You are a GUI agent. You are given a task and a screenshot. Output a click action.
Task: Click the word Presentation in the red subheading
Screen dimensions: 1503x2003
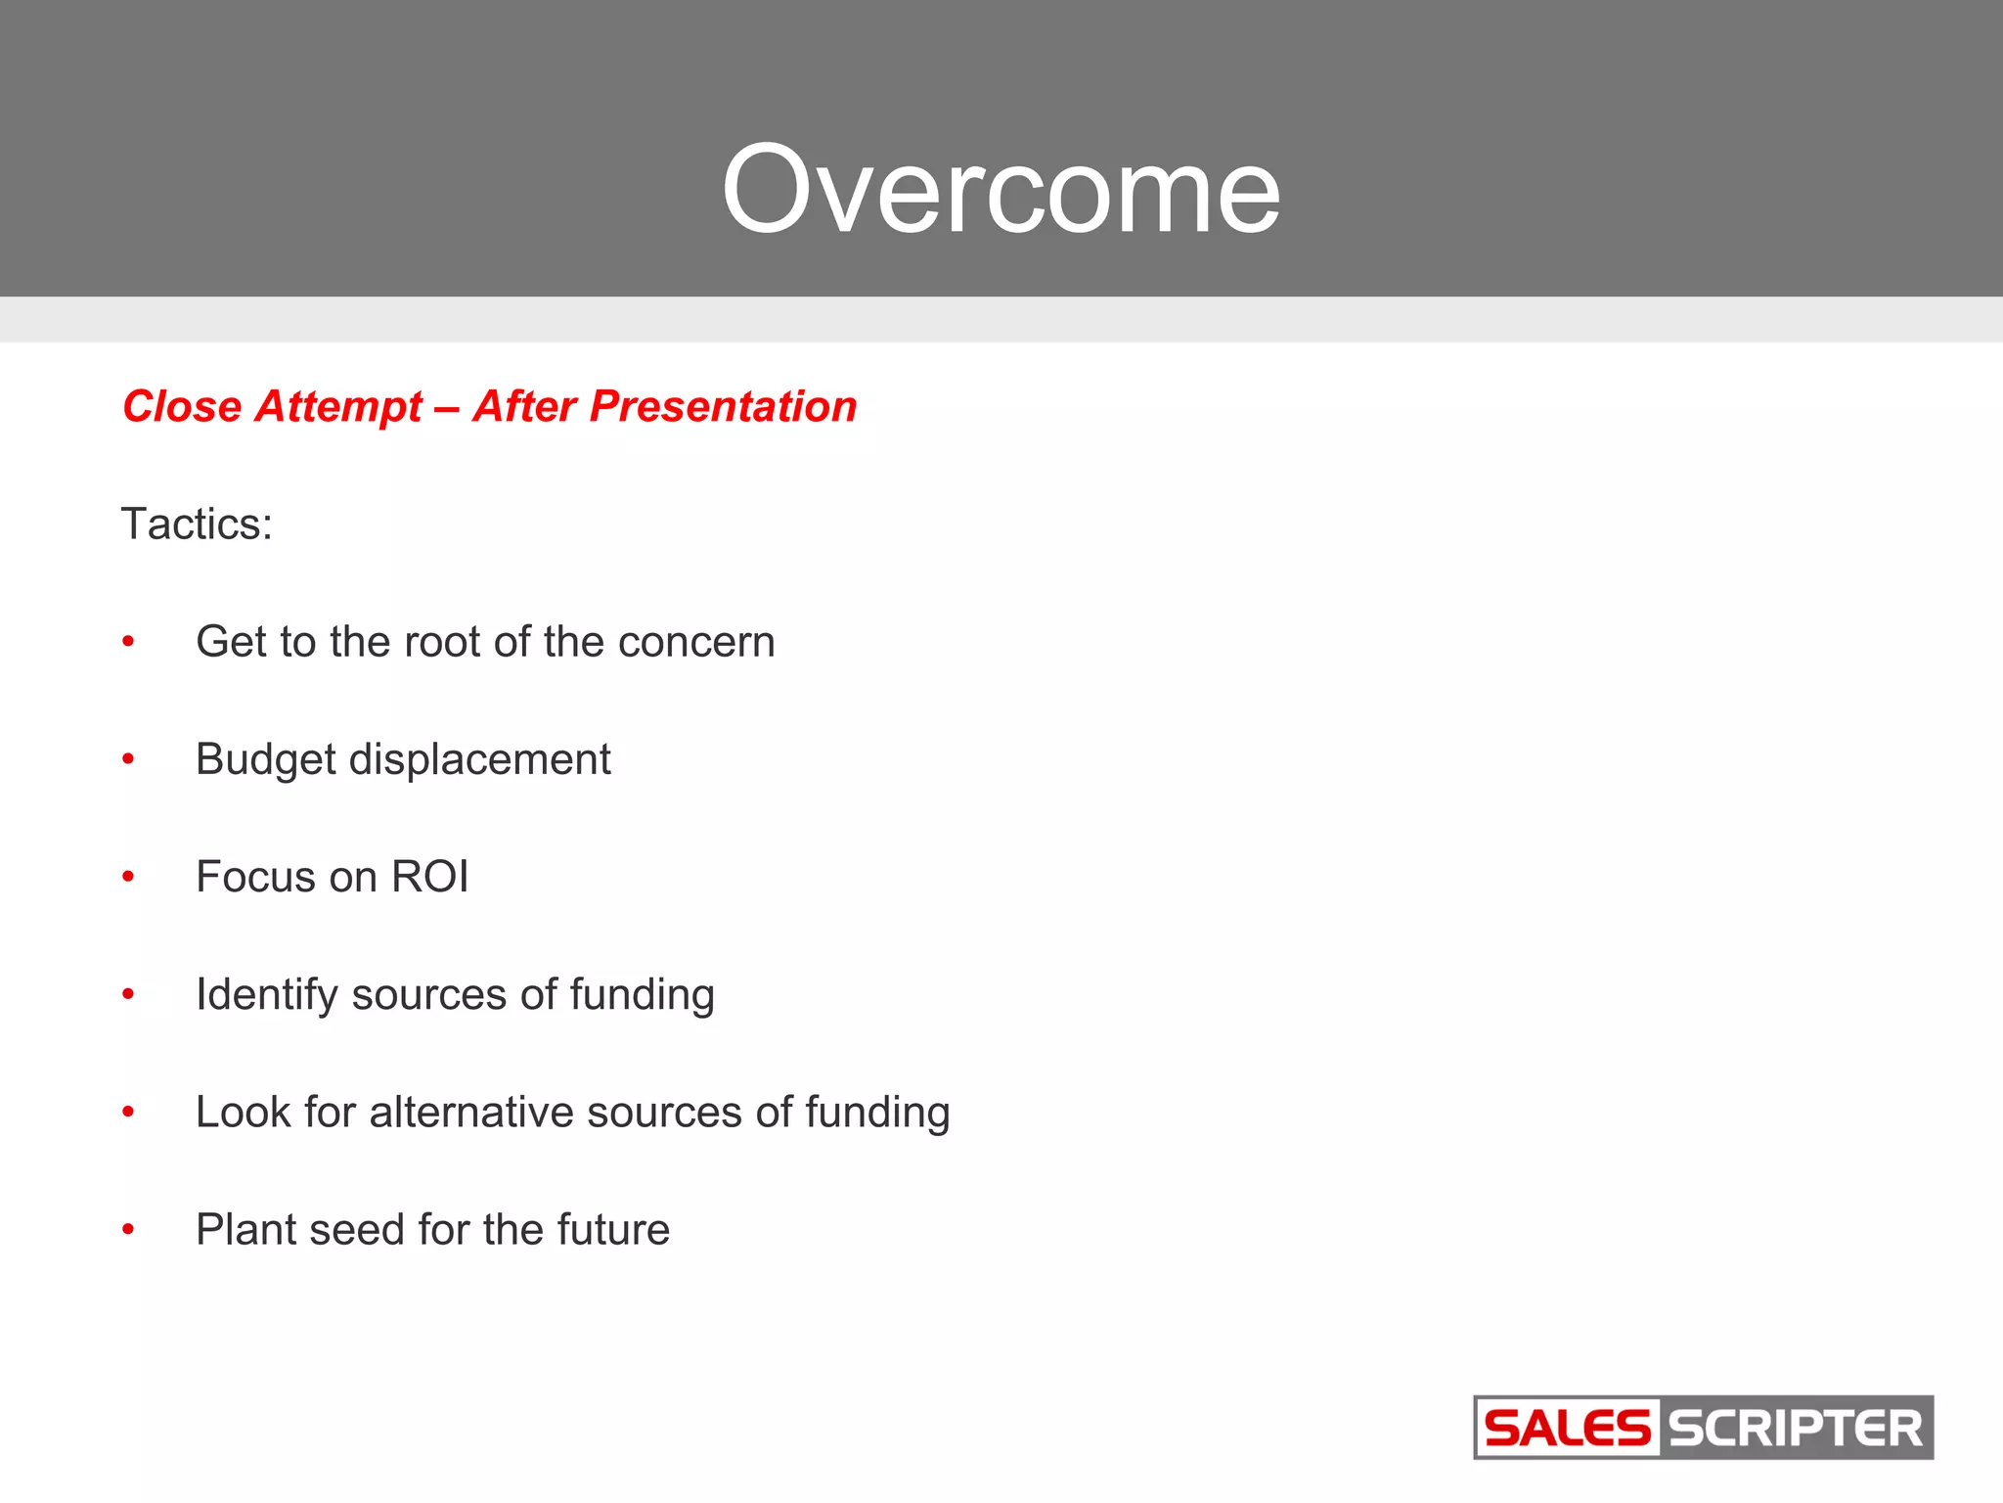point(723,407)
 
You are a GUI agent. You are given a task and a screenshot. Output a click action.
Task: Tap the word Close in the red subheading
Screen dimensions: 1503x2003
point(182,407)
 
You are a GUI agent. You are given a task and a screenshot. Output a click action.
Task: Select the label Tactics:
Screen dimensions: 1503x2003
point(197,524)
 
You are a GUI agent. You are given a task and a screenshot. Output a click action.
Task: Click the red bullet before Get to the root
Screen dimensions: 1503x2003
point(128,643)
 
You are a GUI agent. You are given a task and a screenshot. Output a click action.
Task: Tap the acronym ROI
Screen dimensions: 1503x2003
point(429,877)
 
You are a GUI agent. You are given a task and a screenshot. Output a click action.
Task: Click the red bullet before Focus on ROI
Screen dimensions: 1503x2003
point(128,878)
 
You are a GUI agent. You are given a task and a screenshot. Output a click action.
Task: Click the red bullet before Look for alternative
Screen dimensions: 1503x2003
point(128,1113)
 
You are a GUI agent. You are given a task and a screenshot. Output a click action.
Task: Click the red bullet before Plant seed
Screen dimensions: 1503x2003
point(128,1230)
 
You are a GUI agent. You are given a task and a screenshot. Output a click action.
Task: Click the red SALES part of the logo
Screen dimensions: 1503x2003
point(1567,1429)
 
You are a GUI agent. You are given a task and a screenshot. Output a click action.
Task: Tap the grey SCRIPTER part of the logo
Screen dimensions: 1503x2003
point(1796,1429)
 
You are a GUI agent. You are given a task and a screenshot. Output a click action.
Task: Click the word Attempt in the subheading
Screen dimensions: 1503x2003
point(338,407)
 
